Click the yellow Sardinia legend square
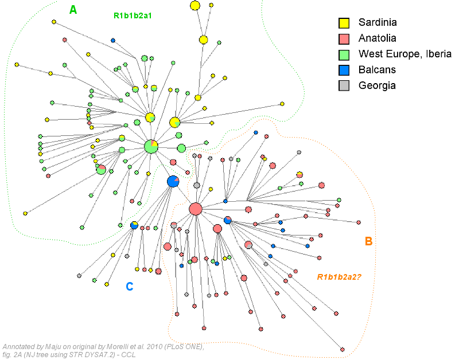[x=344, y=24]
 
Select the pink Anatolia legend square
[x=344, y=39]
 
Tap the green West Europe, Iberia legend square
[x=344, y=54]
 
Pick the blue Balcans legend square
[x=344, y=70]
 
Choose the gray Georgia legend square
[x=344, y=85]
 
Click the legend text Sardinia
[x=378, y=23]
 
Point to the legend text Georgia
[x=377, y=85]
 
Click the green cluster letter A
[x=73, y=9]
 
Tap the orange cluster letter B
[x=369, y=241]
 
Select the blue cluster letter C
[x=130, y=286]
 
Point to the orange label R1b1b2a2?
[x=343, y=277]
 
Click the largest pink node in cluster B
[x=195, y=209]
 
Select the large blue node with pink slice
[x=173, y=182]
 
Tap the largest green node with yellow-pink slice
[x=151, y=146]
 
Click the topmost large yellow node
[x=195, y=6]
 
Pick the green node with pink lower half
[x=101, y=169]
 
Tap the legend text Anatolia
[x=378, y=38]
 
